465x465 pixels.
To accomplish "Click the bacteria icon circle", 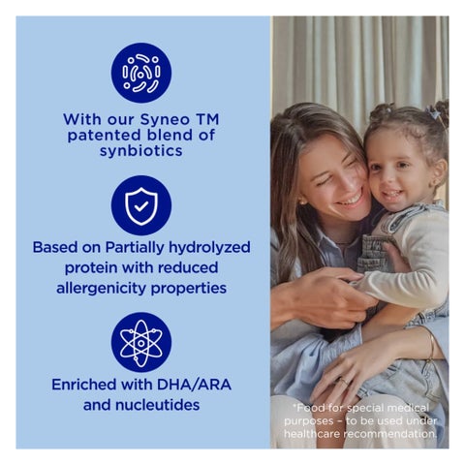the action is point(141,73).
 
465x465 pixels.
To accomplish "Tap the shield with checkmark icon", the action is point(141,205).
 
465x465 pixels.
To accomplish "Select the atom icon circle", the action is point(141,342).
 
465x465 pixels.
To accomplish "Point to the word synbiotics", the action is point(141,151).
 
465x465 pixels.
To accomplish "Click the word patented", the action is point(104,136).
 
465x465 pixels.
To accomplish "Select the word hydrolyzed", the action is point(209,248).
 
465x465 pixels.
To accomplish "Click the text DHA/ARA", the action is point(194,385).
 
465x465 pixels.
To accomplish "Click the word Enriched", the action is point(84,385).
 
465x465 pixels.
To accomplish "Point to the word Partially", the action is point(135,248).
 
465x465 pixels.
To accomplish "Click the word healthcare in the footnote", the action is point(312,434).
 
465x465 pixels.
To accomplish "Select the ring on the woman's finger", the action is point(343,382).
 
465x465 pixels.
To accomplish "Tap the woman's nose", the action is point(343,181).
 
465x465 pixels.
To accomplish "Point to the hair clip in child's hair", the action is point(434,113).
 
